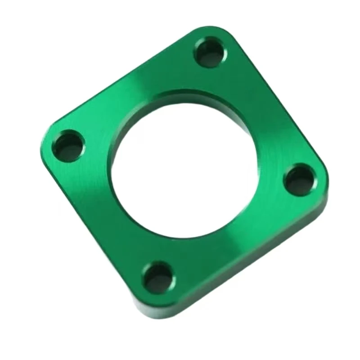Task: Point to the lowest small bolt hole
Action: pyautogui.click(x=157, y=275)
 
